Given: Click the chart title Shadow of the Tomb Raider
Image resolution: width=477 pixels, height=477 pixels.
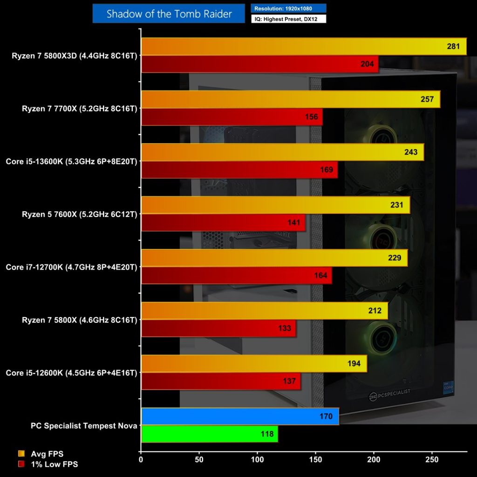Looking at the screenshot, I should point(169,14).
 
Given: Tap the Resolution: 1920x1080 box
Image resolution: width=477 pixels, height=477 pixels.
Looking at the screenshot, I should point(288,8).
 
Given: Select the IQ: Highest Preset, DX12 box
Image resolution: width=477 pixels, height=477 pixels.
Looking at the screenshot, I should point(288,19).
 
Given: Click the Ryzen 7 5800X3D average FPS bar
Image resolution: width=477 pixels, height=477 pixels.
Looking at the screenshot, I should point(303,47).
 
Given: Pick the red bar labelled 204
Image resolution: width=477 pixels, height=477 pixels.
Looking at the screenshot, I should point(259,64).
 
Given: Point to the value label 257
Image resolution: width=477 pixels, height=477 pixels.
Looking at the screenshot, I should point(427,99).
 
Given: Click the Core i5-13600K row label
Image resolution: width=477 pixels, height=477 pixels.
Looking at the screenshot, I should point(71,162).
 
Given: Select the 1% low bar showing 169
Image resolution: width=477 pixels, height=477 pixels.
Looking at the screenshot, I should point(239,170).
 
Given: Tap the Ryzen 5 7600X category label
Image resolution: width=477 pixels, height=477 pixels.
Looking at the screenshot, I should point(79,214).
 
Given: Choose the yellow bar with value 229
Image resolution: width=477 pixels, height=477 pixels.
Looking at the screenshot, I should point(274,258).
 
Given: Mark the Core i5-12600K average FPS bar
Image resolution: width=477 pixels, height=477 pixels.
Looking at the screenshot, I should point(253,364).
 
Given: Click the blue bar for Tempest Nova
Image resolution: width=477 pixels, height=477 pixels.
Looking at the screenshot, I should point(240,416).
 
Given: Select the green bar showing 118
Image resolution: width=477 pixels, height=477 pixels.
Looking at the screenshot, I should point(209,434).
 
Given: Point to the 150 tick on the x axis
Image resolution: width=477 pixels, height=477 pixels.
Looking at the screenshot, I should point(315,459).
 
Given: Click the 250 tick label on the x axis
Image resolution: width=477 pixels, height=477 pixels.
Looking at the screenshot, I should point(432,459).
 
